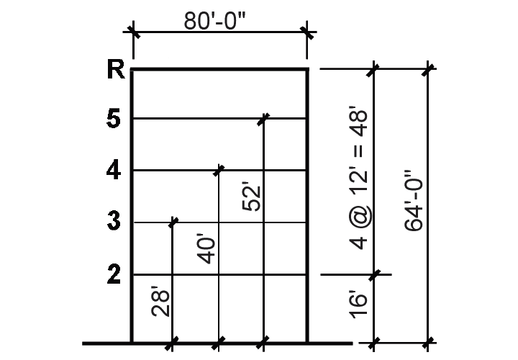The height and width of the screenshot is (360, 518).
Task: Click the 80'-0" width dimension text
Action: click(x=214, y=21)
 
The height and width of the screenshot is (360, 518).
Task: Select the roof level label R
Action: click(x=116, y=69)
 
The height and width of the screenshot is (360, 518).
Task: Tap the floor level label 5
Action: click(x=114, y=118)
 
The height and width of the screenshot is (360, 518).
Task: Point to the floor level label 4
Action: click(x=114, y=170)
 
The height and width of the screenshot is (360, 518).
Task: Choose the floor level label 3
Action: click(x=114, y=221)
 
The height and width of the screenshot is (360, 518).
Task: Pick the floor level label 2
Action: click(x=114, y=274)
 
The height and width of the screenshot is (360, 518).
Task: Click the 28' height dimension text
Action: click(x=161, y=301)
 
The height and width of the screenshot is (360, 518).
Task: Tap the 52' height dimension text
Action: click(x=251, y=196)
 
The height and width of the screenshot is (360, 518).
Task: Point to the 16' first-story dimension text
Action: click(x=358, y=305)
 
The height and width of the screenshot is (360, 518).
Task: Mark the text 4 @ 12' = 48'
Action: click(x=358, y=178)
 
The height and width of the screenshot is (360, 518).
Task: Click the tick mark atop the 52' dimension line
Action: click(x=263, y=119)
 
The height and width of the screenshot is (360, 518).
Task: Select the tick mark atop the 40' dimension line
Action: click(x=219, y=170)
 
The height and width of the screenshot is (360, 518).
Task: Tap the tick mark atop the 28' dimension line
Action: click(x=173, y=222)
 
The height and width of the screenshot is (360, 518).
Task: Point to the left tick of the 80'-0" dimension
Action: click(x=133, y=32)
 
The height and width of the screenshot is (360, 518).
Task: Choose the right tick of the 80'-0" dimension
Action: click(x=307, y=32)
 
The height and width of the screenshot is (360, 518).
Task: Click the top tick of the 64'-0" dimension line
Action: click(x=428, y=69)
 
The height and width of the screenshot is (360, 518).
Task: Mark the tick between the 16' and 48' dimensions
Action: click(x=374, y=274)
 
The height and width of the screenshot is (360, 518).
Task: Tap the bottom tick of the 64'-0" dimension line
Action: click(x=428, y=343)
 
